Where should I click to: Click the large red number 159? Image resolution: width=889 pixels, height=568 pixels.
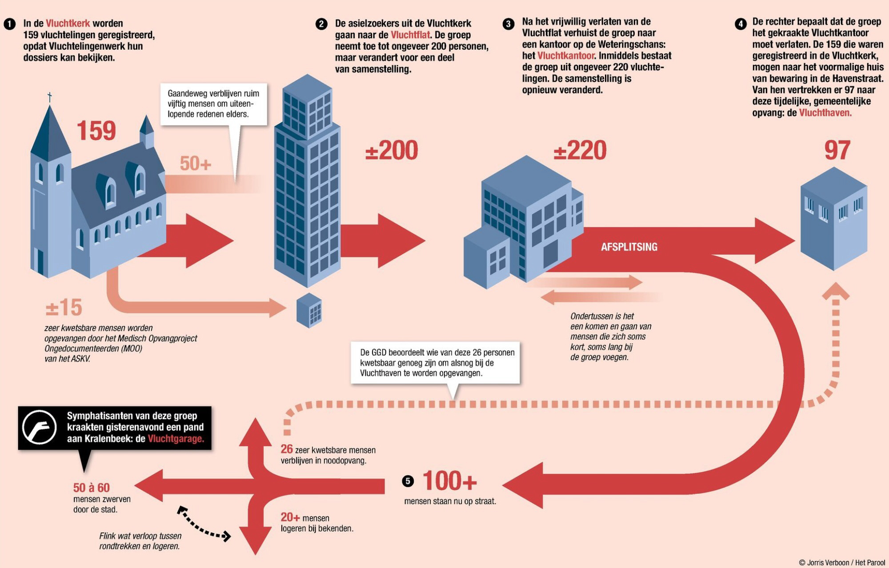pos(96,131)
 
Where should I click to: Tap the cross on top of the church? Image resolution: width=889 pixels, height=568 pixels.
pos(50,97)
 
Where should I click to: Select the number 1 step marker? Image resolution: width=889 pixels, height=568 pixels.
pos(9,24)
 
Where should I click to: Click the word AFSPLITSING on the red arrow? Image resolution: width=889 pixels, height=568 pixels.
pos(629,247)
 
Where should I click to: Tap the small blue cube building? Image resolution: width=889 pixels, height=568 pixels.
pos(309,310)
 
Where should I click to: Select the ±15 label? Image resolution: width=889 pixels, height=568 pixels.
pos(64,307)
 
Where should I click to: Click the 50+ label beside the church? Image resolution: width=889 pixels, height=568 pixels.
pos(195,164)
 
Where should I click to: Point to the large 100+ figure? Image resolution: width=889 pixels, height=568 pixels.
pos(449,481)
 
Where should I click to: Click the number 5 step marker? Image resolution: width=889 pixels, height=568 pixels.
pos(407,481)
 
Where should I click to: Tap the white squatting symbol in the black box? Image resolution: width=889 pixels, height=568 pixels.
pos(39,427)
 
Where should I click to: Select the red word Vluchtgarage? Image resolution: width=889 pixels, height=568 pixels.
pos(176,439)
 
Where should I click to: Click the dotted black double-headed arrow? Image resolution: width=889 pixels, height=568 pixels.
pos(204,524)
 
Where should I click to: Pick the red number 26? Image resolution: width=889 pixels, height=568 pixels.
pos(287,449)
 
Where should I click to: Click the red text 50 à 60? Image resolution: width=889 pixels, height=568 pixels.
pos(91,488)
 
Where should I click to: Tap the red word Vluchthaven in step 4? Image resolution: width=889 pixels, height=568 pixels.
pos(825,113)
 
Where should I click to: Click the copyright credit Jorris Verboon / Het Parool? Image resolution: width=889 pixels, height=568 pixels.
pos(842,562)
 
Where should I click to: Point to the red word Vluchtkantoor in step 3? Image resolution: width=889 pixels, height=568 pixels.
pos(566,56)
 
